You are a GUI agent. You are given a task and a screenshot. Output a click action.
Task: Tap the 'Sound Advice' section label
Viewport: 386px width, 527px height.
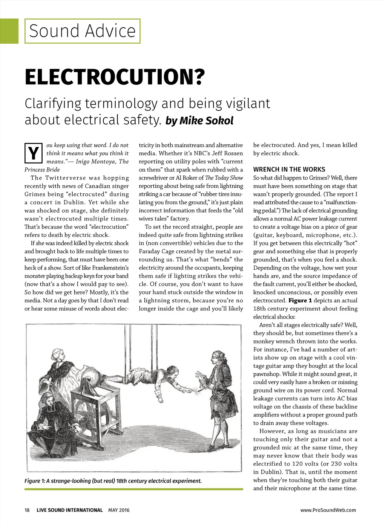tap(82, 31)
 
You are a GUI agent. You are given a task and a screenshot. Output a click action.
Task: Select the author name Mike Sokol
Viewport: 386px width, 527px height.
tap(206, 121)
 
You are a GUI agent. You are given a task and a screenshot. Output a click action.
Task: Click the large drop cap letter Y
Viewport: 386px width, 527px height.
tap(33, 153)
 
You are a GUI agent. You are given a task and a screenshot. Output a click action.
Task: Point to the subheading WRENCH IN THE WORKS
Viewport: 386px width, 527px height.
tap(289, 170)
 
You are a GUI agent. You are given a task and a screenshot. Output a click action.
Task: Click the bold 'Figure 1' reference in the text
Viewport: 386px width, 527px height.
tap(300, 300)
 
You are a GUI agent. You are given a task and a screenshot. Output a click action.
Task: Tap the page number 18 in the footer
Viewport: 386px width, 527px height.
tap(27, 510)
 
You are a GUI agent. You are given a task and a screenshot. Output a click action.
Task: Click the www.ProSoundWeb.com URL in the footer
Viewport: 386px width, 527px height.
tap(328, 510)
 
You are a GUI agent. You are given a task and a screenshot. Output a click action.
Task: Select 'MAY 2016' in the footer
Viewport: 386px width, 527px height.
tap(119, 510)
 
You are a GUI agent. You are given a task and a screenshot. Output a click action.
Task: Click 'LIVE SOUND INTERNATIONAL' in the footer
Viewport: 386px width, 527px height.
tap(69, 510)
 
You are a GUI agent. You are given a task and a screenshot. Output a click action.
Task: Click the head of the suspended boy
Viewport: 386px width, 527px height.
tap(171, 371)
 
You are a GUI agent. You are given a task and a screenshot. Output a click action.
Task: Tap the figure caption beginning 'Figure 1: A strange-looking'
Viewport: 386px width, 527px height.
tap(113, 481)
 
